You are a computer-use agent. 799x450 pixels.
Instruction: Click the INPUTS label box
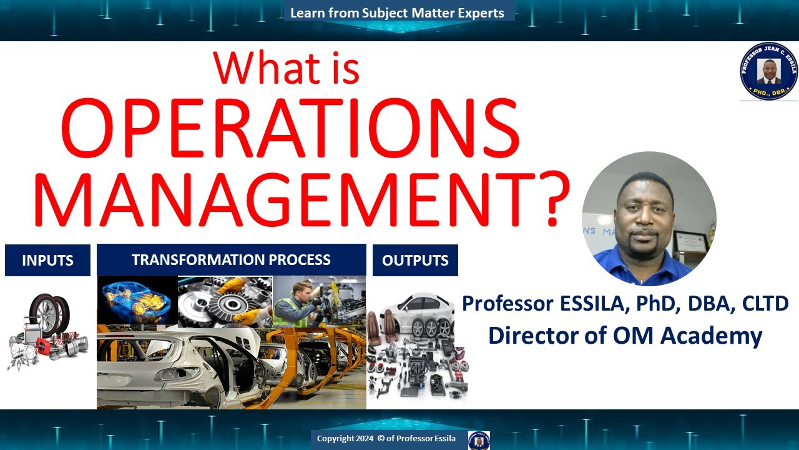point(47,261)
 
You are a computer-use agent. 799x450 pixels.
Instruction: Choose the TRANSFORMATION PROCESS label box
point(231,260)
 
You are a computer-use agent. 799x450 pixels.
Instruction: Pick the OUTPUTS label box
point(415,261)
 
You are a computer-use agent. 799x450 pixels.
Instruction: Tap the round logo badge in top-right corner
point(768,71)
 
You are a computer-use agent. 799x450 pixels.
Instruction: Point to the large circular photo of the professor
point(649,219)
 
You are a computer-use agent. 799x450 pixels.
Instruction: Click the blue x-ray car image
point(137,302)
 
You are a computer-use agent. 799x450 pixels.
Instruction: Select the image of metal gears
point(225,302)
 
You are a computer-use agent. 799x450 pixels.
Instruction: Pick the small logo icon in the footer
point(479,439)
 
